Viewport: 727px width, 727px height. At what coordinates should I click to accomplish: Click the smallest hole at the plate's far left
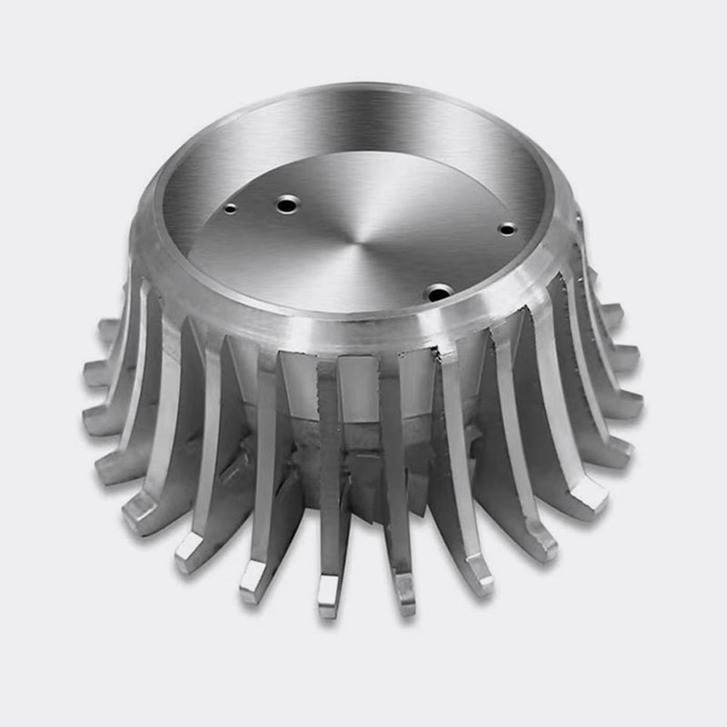230,208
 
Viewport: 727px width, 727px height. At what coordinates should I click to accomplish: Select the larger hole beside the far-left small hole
288,204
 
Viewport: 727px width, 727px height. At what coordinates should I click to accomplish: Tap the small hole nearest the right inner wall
507,229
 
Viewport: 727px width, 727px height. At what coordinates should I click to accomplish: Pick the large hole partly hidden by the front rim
440,293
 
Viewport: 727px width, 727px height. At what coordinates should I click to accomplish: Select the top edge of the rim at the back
363,88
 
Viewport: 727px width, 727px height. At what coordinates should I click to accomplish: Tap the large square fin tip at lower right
591,495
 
